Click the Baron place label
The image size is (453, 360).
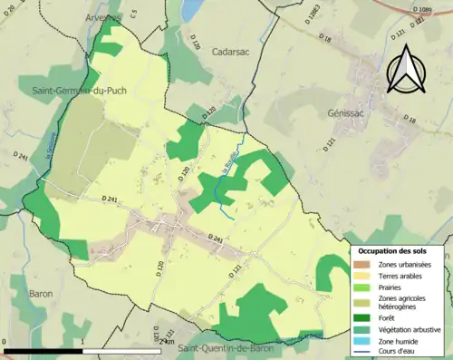tap(41, 294)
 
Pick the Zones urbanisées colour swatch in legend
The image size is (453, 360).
tap(361, 264)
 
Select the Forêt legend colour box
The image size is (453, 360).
tap(361, 317)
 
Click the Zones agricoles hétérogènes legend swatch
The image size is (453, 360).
tap(361, 302)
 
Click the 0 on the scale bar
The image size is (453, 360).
tap(5, 343)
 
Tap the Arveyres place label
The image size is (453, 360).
tap(100, 16)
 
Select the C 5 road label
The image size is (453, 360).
tap(133, 14)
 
